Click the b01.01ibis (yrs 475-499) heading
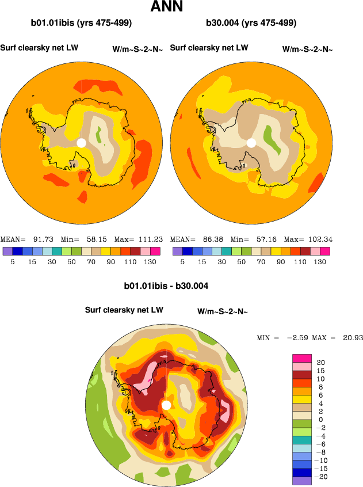pos(81,24)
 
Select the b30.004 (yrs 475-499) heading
pos(251,24)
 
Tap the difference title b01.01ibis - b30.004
pos(166,286)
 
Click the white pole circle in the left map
pos(82,142)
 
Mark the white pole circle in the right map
pos(251,142)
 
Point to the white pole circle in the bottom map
pos(166,405)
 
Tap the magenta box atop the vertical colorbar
pos(303,358)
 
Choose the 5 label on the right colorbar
pos(182,262)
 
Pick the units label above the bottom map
pos(223,312)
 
